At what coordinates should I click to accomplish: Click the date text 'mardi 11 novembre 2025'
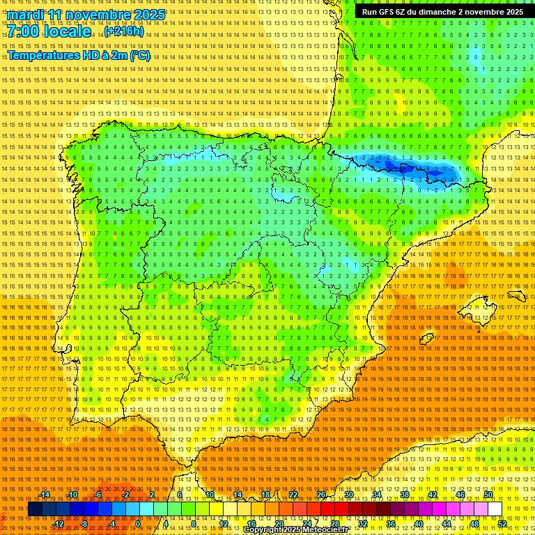click(86, 15)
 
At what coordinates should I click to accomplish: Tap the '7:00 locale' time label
click(49, 32)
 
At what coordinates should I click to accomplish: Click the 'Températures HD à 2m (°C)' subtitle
click(78, 55)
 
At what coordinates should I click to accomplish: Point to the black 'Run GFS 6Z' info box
click(442, 12)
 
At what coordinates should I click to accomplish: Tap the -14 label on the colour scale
click(45, 495)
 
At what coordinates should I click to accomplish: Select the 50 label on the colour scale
click(488, 495)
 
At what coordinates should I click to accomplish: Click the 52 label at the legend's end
click(502, 524)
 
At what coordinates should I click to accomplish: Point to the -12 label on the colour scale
click(59, 524)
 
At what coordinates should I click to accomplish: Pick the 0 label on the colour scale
click(138, 524)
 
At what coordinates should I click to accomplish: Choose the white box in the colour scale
click(495, 509)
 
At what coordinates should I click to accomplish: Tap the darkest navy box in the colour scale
click(35, 509)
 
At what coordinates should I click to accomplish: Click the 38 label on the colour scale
click(404, 495)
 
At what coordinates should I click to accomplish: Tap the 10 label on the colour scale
click(209, 495)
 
